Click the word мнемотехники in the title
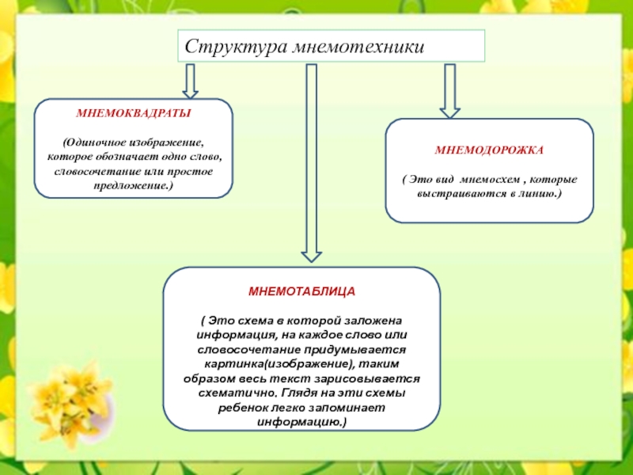click(358, 47)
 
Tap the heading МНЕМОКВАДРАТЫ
click(133, 113)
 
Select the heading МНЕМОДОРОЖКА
click(489, 149)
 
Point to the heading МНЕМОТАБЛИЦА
click(301, 291)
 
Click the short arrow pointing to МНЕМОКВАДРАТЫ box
click(190, 81)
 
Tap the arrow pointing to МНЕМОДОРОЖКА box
click(450, 90)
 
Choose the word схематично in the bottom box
click(237, 393)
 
